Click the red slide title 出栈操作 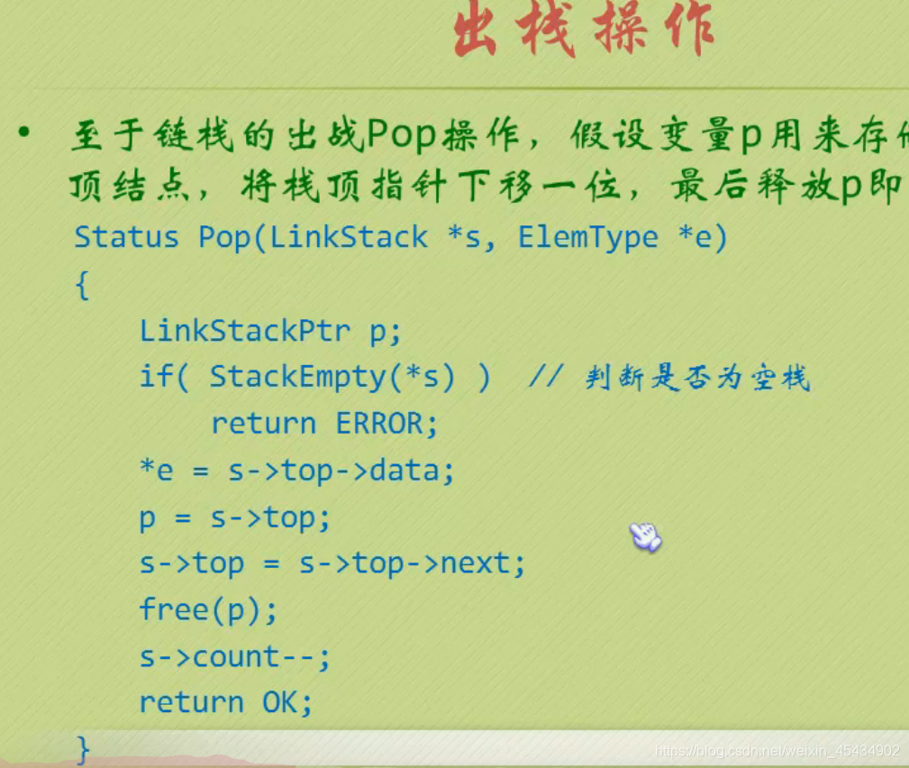coord(584,32)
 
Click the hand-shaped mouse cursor coord(645,536)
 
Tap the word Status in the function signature coord(126,237)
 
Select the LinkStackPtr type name coord(244,331)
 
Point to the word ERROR coord(386,424)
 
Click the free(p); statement coord(209,610)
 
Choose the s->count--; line coord(235,657)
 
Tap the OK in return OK coord(286,703)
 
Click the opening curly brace coord(83,287)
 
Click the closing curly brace coord(84,748)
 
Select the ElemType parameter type coord(588,237)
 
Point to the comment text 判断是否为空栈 coord(697,379)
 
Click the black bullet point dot coord(23,135)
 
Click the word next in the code coord(474,564)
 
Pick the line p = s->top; coord(235,518)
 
